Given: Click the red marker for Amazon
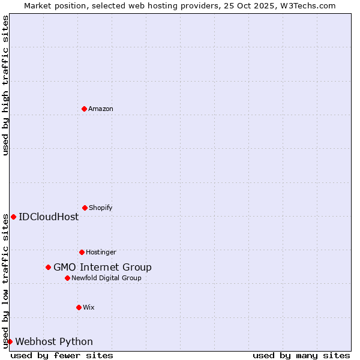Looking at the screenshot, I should [x=84, y=109].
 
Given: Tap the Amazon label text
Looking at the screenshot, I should [x=100, y=109].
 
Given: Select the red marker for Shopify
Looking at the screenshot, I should [x=85, y=208].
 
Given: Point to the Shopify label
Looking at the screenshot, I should [x=100, y=208].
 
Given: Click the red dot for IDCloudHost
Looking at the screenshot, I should [x=13, y=217].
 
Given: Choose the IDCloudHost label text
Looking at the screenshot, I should [x=49, y=217].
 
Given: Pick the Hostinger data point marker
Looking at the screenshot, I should [x=82, y=252].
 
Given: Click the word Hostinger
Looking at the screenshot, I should [x=101, y=252].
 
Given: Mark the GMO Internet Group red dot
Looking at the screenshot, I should [x=48, y=267].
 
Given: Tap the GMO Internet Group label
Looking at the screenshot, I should [x=103, y=267].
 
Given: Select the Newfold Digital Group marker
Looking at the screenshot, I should [x=67, y=278].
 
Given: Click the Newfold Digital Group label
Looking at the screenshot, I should [x=106, y=278].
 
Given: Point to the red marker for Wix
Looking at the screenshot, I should [x=79, y=307].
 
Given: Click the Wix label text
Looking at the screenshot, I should [x=89, y=307].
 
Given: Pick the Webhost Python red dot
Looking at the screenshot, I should [x=10, y=341].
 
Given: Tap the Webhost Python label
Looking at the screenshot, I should [x=54, y=341].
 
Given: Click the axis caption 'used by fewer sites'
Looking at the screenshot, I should [x=62, y=355].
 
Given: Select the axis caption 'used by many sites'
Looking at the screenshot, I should [x=301, y=355].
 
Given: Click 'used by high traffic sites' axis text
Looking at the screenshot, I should [x=5, y=85].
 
